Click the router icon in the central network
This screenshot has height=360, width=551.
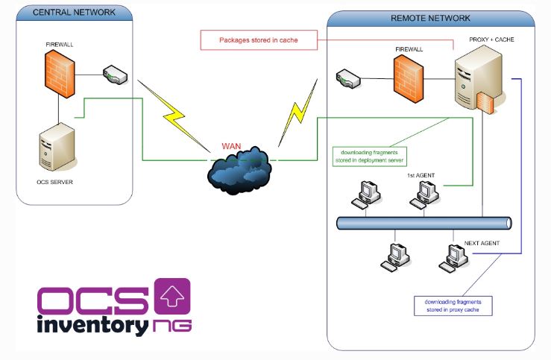116,74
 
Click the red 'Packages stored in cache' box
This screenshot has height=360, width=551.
249,40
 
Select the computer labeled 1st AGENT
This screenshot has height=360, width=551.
423,195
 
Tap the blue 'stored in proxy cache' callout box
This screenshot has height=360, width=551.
453,305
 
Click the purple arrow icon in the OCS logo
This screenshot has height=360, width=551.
171,297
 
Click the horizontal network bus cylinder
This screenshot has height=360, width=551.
424,223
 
